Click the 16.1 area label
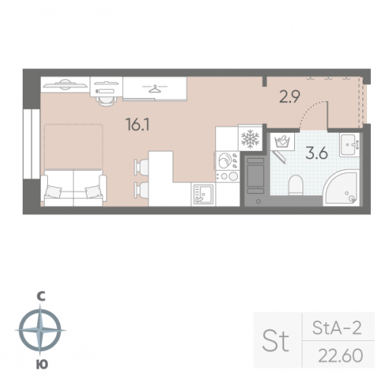138,125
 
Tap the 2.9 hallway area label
290,96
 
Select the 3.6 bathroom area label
317,153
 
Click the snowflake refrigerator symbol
250,138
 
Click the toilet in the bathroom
296,185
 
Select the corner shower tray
342,188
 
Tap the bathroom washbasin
349,144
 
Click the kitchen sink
203,194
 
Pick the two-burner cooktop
228,176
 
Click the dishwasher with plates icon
227,160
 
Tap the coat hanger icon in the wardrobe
155,89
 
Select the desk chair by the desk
106,100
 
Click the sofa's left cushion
53,191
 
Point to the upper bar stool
141,167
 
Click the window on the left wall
31,144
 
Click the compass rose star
40,330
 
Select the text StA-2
337,328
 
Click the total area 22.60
340,355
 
